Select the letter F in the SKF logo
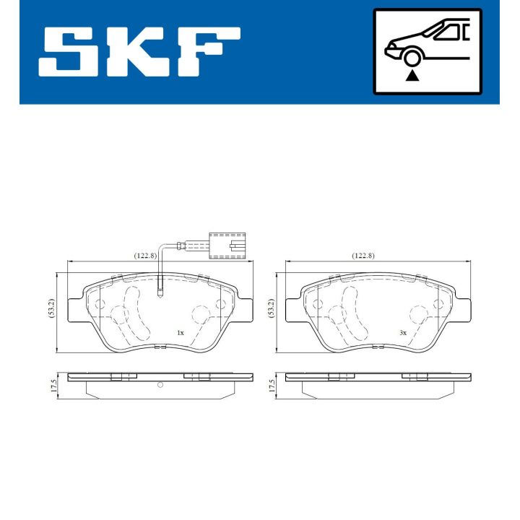[x=209, y=52]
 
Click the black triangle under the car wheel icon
[x=412, y=75]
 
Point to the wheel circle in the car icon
[x=412, y=58]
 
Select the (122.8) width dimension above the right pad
[x=363, y=256]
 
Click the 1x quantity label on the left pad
[x=180, y=333]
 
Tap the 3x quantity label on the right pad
[x=403, y=333]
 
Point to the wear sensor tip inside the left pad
[x=160, y=292]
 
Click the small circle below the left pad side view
[x=160, y=384]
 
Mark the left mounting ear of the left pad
[x=73, y=310]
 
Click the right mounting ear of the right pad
[x=467, y=310]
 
